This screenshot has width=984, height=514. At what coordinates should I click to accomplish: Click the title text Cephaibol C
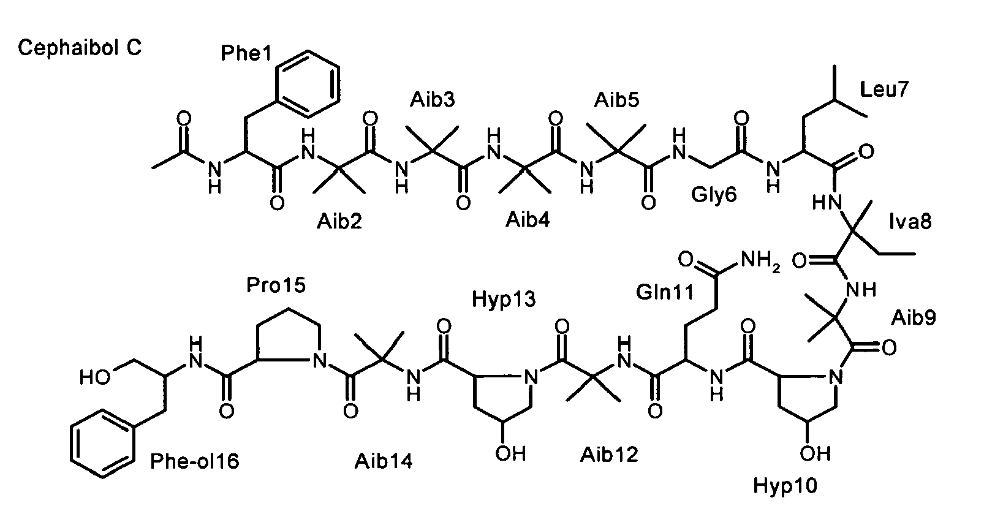(80, 48)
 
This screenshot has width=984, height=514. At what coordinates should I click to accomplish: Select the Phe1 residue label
(246, 53)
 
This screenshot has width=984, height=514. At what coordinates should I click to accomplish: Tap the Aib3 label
(432, 100)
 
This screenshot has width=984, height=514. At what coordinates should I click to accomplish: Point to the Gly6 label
(713, 195)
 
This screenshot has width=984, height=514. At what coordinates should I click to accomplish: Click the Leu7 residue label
(884, 89)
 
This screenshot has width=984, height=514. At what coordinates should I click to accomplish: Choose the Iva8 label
(910, 221)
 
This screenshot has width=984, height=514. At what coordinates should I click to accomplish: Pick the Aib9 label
(914, 317)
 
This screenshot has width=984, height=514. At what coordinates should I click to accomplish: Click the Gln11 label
(665, 292)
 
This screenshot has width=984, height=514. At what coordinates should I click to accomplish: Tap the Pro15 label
(276, 285)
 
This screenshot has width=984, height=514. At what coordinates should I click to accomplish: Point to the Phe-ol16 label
(195, 461)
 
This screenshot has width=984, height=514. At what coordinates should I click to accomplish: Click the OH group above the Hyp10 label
(816, 453)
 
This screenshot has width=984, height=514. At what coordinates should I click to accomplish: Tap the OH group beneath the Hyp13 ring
(510, 453)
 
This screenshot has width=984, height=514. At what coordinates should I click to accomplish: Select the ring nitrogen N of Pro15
(319, 361)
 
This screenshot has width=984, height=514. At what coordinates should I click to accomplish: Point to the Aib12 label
(609, 455)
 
